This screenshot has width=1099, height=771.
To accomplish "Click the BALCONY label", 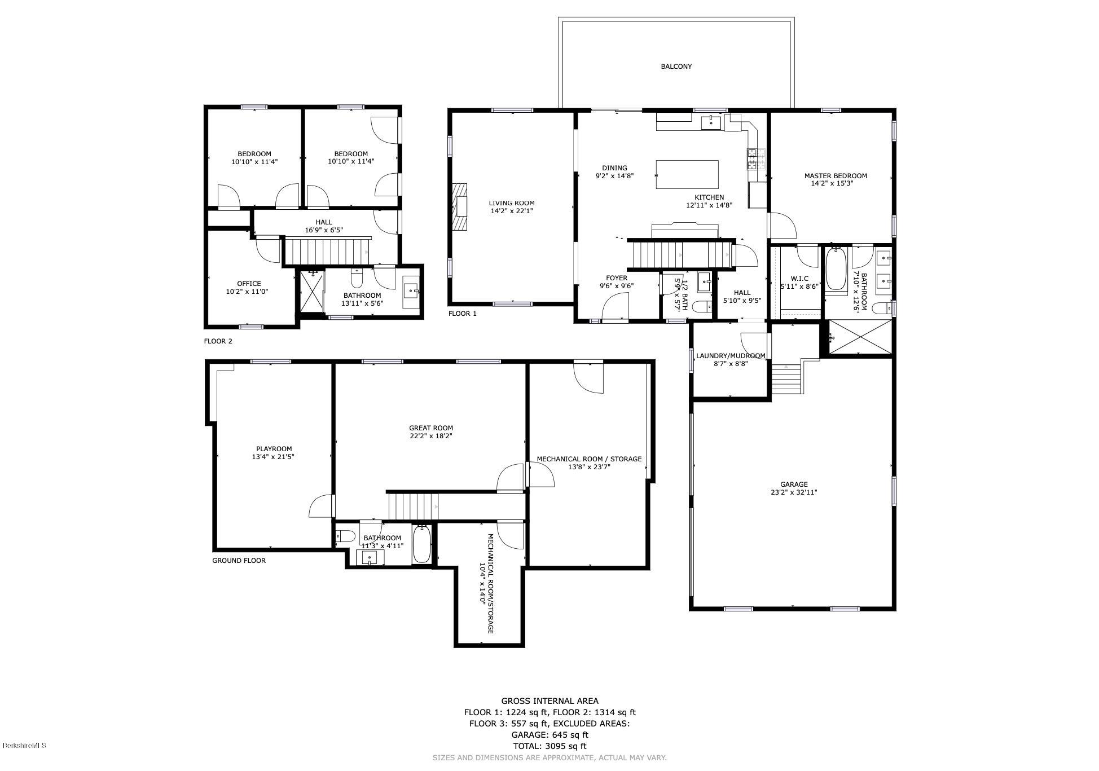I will [x=676, y=67].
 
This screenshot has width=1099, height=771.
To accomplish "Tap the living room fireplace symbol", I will [x=460, y=207].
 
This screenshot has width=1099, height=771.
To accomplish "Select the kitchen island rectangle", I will [x=687, y=175].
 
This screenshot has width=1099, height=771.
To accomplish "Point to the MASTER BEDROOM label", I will [x=835, y=176].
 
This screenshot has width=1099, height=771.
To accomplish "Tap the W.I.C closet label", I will [x=799, y=279].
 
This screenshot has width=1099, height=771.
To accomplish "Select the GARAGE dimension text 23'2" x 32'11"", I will [x=794, y=492].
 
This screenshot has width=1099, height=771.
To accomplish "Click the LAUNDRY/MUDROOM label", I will [x=731, y=356].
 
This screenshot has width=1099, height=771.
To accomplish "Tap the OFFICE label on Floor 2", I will [x=249, y=284].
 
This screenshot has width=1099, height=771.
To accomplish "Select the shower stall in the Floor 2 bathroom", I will [x=311, y=292].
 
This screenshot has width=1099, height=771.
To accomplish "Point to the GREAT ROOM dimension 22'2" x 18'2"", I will [x=430, y=436].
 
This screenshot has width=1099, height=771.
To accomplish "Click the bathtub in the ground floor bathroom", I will [x=421, y=544].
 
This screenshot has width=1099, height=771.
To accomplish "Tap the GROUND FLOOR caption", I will [x=239, y=561].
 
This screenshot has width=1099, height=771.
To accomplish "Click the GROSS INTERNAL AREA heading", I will [x=549, y=701].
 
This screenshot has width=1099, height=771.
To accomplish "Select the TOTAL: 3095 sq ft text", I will [x=549, y=746].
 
